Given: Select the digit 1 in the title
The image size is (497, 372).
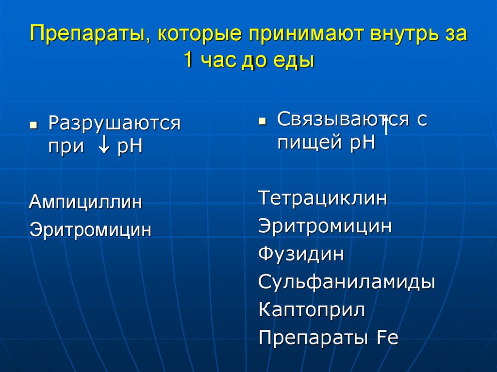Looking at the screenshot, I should tap(188, 61).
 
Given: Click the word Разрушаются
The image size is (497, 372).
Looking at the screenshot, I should tap(114, 124).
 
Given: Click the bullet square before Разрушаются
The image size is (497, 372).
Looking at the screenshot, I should tap(33, 125).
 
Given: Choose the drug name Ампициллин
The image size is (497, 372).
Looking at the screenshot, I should tap(85, 201).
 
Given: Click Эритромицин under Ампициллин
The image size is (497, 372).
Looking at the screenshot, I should tap(90, 229).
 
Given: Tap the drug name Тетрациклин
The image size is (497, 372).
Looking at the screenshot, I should tap(323, 198).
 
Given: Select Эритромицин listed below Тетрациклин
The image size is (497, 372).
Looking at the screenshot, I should tap(325, 226).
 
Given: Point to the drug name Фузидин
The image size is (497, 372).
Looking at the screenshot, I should tap(301, 254).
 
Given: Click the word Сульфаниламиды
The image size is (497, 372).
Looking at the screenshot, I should tap(346, 282).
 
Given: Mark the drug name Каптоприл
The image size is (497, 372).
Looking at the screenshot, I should tap(312, 309).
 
